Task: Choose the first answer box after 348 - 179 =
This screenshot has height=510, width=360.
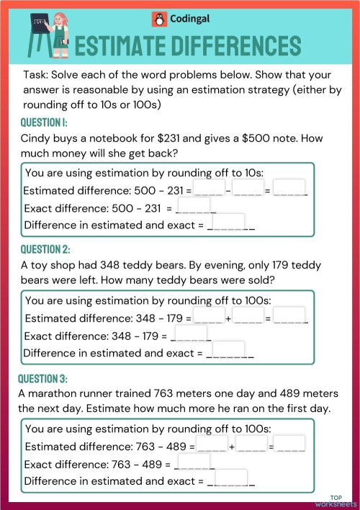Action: coord(209,316)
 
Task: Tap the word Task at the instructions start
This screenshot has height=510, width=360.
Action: coord(35,75)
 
